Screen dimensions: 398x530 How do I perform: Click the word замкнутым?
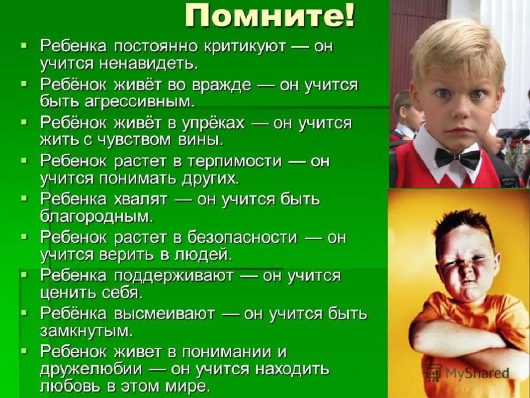coord(87,330)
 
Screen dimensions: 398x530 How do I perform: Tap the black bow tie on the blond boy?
coord(457,158)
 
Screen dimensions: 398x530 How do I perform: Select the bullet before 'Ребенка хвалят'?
coord(24,199)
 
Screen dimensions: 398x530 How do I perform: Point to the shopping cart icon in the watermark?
coord(434,372)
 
